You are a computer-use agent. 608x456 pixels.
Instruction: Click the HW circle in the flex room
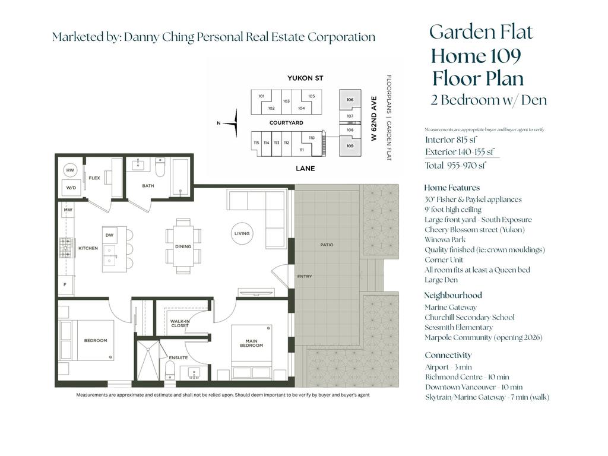tap(71, 170)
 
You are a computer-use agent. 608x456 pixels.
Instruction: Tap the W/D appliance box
tap(71, 188)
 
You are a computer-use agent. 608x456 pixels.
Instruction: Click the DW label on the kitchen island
tap(109, 235)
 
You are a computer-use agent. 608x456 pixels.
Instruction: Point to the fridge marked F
tap(65, 284)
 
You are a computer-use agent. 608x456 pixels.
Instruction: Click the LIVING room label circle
tap(242, 234)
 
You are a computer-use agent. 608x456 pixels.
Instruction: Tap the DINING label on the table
tap(183, 246)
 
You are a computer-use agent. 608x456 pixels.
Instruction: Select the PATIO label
tap(326, 245)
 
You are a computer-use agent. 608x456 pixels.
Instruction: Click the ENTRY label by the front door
tap(305, 276)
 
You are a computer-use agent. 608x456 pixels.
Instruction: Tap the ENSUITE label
tap(178, 357)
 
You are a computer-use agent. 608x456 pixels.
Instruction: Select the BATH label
tap(148, 186)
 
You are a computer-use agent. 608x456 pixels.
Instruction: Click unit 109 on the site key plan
tap(350, 146)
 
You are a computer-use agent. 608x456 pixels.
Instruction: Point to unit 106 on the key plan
tap(350, 100)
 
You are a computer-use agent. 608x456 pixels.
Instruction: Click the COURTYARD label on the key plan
tap(286, 123)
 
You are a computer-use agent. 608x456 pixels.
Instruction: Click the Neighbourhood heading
tap(453, 295)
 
